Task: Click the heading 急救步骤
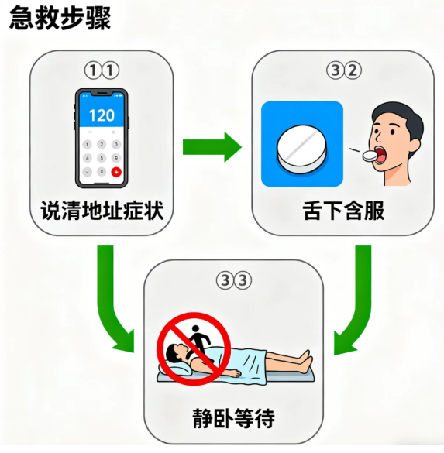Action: pyautogui.click(x=60, y=19)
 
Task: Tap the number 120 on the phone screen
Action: pyautogui.click(x=102, y=115)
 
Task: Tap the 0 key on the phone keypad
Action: pyautogui.click(x=102, y=172)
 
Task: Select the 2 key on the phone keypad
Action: pyautogui.click(x=102, y=144)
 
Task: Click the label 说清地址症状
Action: pyautogui.click(x=102, y=211)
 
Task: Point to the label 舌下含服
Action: pyautogui.click(x=343, y=211)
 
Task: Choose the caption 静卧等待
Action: pyautogui.click(x=233, y=417)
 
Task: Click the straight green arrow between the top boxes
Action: pyautogui.click(x=212, y=147)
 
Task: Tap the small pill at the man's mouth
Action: pyautogui.click(x=370, y=156)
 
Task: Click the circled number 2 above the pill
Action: pyautogui.click(x=353, y=70)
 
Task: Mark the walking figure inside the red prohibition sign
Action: pyautogui.click(x=199, y=341)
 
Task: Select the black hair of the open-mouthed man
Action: pyautogui.click(x=399, y=118)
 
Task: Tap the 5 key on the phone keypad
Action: pyautogui.click(x=102, y=158)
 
